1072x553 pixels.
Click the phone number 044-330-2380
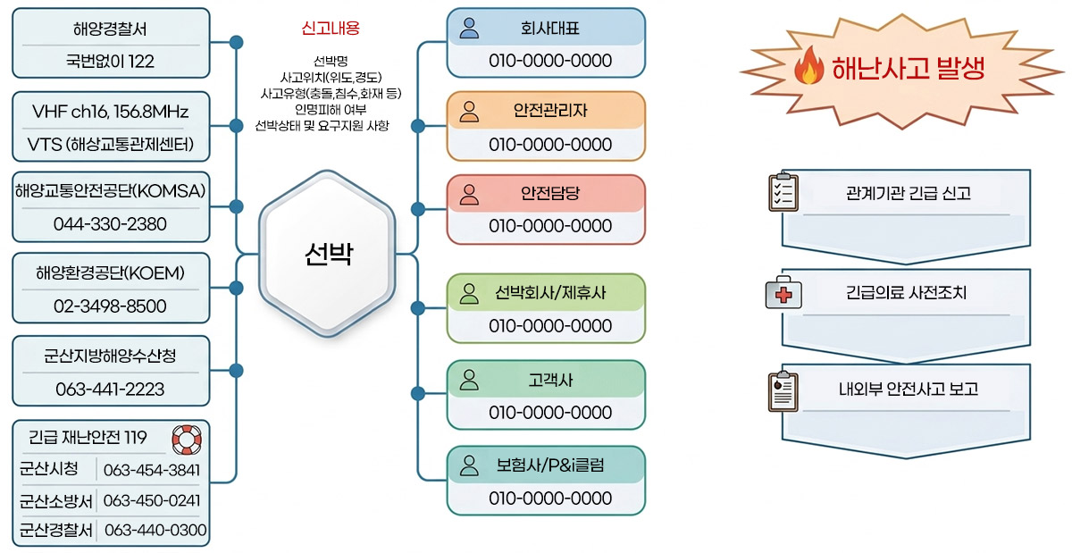[x=110, y=224]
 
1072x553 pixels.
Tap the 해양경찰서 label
[x=110, y=29]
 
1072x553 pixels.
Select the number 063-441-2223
[x=110, y=390]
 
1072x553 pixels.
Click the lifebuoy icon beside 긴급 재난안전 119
[x=186, y=439]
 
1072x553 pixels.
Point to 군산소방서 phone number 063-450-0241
[x=152, y=500]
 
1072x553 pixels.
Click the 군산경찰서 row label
[x=55, y=530]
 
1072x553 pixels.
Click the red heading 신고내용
[x=331, y=29]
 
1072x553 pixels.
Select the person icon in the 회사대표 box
[x=469, y=28]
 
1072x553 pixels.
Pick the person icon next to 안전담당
[x=469, y=194]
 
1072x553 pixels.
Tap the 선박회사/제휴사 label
[x=550, y=293]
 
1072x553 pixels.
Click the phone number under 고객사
[x=550, y=413]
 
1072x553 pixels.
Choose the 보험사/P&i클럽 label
[x=550, y=465]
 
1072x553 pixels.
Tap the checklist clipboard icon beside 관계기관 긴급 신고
[x=783, y=191]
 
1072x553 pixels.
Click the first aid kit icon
[x=783, y=293]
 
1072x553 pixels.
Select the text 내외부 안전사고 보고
[x=908, y=389]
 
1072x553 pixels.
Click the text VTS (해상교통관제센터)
[x=111, y=144]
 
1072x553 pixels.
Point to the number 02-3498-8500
[x=110, y=306]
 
